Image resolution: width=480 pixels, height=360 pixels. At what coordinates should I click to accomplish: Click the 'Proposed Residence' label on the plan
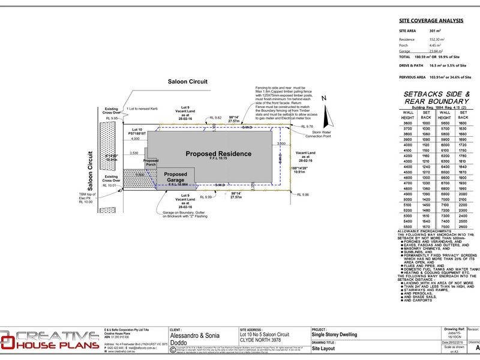[x=218, y=154]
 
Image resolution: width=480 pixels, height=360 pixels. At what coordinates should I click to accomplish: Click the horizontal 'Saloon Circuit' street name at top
[x=187, y=81]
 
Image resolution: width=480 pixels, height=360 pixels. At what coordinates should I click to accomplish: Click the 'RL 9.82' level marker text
[x=214, y=118]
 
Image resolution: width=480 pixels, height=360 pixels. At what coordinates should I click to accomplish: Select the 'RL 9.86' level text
[x=304, y=194]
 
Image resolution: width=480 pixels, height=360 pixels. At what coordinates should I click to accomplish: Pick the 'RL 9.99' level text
[x=205, y=197]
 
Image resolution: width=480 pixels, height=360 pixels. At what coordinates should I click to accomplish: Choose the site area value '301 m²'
[x=434, y=29]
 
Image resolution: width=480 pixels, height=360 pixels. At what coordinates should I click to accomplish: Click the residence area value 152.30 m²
[x=435, y=39]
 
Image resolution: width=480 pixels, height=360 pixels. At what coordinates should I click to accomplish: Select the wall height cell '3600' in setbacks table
[x=407, y=122]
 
